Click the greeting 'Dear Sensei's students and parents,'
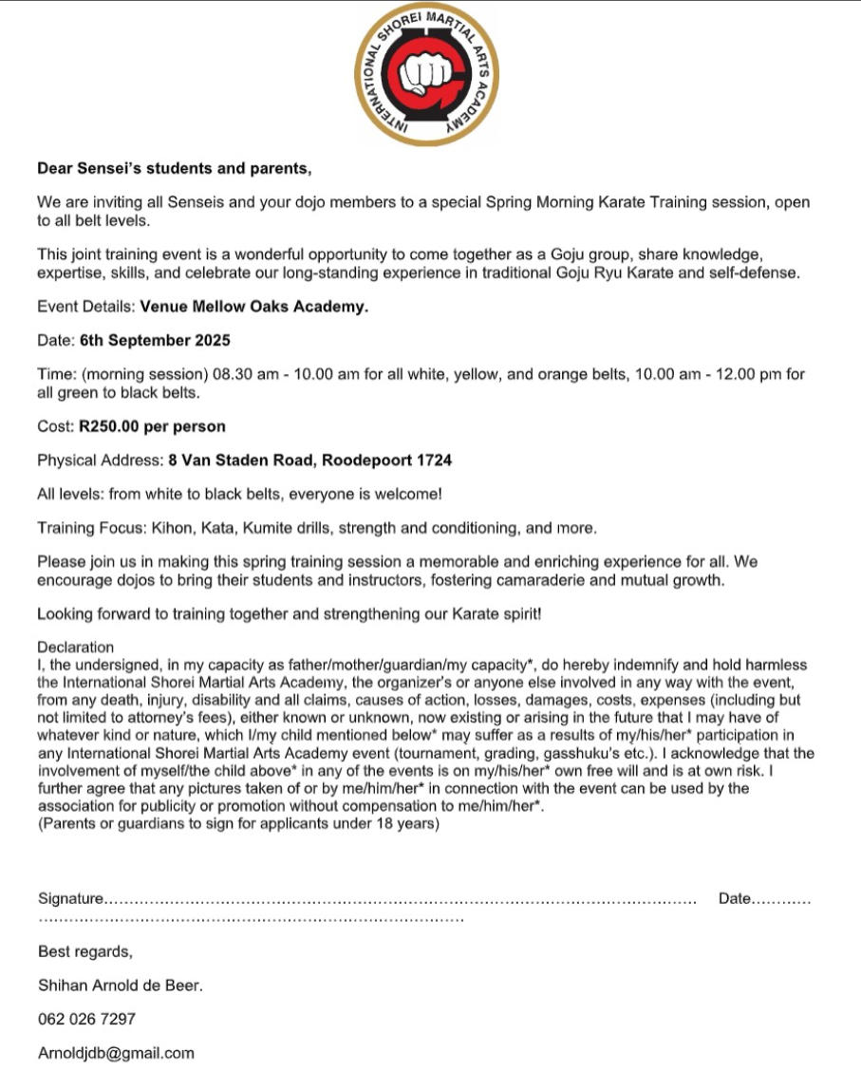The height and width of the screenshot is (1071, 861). [x=174, y=169]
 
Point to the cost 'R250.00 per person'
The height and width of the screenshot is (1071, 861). [x=152, y=426]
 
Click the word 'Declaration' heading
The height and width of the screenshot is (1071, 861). [x=75, y=648]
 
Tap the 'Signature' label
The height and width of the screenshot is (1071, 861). [x=69, y=898]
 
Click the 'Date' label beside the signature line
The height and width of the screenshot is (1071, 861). [x=735, y=898]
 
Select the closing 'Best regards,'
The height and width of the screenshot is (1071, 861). [x=85, y=951]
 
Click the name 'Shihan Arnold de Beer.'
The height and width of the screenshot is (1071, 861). [x=121, y=986]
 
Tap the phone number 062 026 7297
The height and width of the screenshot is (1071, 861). [x=86, y=1019]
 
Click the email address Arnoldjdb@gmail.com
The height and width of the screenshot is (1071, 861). [x=116, y=1053]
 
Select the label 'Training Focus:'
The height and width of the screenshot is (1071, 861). [x=90, y=527]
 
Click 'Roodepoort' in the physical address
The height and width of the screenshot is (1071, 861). [x=367, y=460]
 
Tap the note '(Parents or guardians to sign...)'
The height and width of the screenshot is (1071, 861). [x=238, y=824]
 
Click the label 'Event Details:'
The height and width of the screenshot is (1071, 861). [x=86, y=307]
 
